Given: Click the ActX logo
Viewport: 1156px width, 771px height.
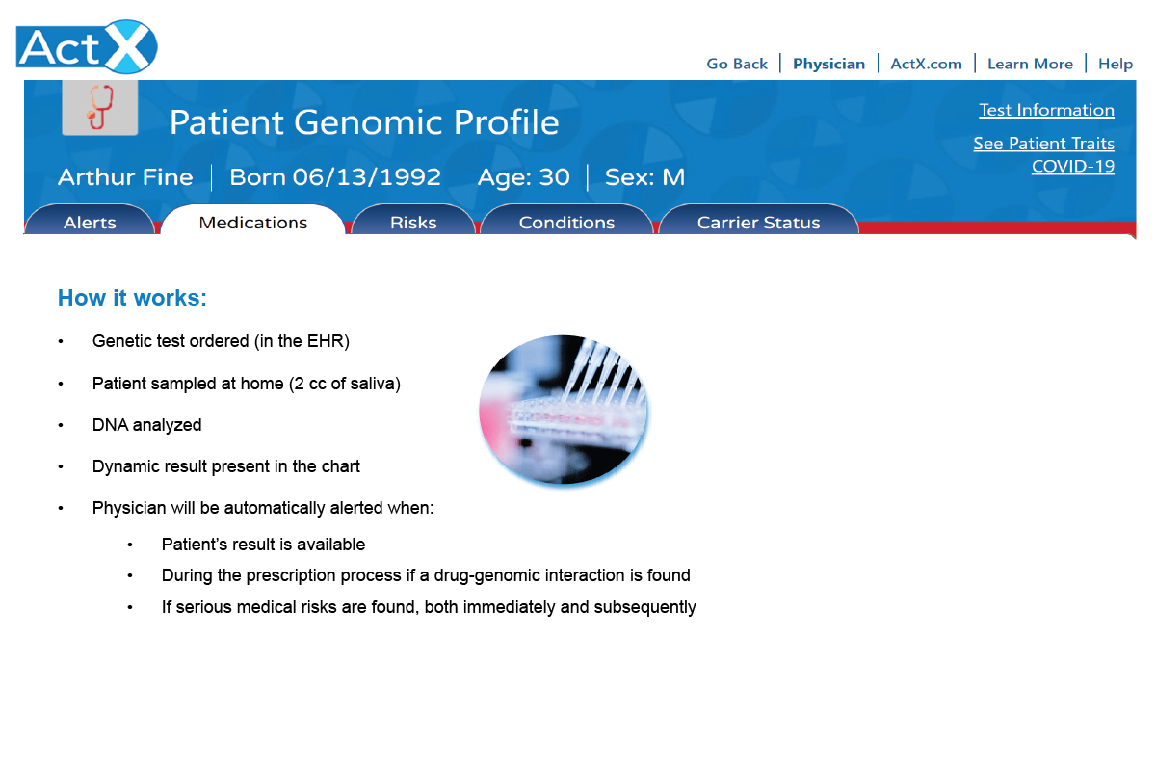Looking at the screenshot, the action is [x=87, y=47].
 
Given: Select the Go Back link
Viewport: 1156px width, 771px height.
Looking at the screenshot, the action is [x=736, y=64].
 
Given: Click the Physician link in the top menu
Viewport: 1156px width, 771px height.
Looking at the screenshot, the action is [x=828, y=64].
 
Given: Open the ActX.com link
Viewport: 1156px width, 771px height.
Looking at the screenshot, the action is [x=927, y=64].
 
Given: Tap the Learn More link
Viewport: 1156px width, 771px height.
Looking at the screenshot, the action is [x=1030, y=64].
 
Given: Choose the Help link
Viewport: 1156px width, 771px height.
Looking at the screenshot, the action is [x=1116, y=64].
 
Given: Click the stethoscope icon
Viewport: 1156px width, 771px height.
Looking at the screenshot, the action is [x=100, y=107].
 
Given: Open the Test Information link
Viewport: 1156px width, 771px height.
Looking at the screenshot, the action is [x=1046, y=110].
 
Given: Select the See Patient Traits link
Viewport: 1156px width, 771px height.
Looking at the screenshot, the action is [x=1043, y=144].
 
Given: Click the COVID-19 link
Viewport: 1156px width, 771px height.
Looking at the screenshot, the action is [x=1073, y=167].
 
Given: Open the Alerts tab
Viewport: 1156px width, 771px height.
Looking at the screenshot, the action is [x=90, y=221].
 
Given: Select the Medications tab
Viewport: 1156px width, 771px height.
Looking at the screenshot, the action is [x=252, y=221].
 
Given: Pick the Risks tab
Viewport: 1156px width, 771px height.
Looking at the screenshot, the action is [x=413, y=221].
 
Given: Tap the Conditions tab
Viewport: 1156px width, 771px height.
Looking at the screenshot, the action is [x=566, y=221].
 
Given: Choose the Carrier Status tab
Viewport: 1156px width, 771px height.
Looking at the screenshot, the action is [x=759, y=221].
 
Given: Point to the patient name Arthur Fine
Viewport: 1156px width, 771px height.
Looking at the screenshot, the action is [x=125, y=177].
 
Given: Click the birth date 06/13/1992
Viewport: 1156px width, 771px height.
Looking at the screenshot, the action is [x=366, y=177].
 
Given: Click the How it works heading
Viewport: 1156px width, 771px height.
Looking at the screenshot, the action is [x=132, y=298].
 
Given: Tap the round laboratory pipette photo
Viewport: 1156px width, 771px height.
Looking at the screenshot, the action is [x=563, y=410].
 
